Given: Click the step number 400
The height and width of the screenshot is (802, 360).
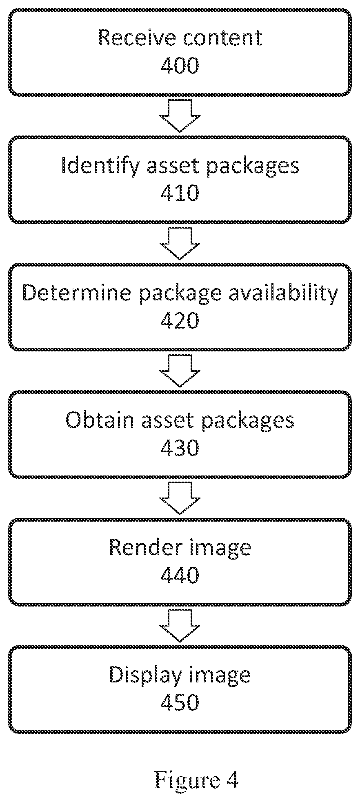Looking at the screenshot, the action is click(180, 65).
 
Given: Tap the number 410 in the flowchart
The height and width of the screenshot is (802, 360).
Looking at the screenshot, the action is click(180, 193).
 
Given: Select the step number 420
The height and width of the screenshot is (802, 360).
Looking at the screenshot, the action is click(180, 320).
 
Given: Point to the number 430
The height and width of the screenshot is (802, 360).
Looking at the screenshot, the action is click(180, 447).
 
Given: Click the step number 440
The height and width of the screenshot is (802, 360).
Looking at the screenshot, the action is click(180, 575).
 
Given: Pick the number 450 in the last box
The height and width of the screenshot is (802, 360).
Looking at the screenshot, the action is click(180, 702).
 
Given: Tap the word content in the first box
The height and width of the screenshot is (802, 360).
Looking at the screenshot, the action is click(222, 38).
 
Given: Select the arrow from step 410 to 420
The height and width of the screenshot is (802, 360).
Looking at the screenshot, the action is click(180, 244).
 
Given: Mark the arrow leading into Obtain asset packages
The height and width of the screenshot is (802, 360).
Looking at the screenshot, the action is click(180, 371).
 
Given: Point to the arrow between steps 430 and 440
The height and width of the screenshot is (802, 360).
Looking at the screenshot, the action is click(180, 498).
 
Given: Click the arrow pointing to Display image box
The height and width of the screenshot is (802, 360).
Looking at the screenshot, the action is click(180, 626).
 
